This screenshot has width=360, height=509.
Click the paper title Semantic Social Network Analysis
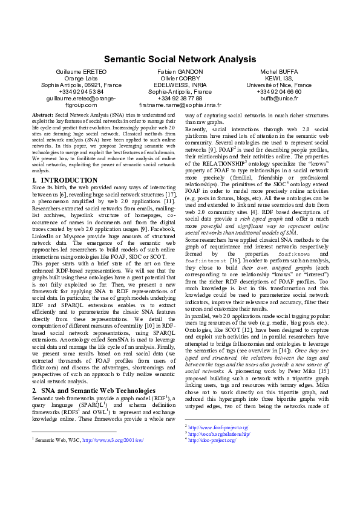click(x=180, y=59)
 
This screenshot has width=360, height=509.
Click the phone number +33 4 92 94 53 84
click(x=80, y=92)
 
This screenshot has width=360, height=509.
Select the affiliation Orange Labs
click(x=80, y=79)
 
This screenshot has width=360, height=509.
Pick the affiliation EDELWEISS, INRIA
click(x=180, y=85)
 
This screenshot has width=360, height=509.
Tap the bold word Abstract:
click(x=42, y=114)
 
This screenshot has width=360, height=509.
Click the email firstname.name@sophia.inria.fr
click(x=180, y=105)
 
